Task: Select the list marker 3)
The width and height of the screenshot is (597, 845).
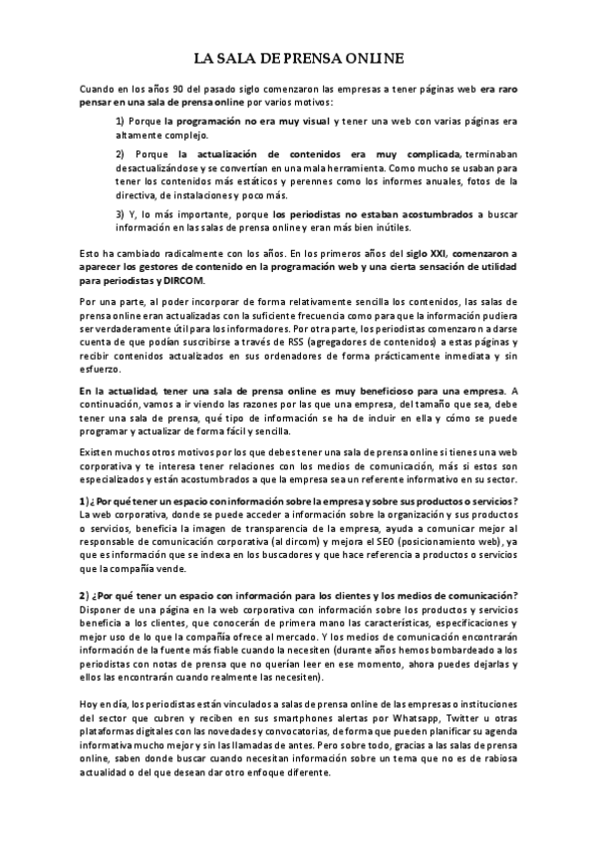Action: pyautogui.click(x=122, y=213)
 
